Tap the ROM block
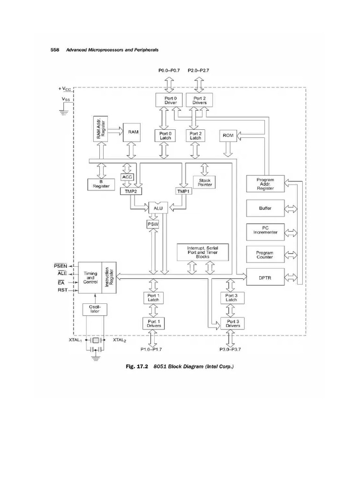tap(228, 135)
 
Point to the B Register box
tap(101, 184)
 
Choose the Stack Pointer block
tap(205, 182)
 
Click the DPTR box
tap(265, 277)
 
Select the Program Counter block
tap(265, 255)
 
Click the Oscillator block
tap(95, 309)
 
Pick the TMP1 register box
tap(182, 191)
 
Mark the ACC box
tap(127, 177)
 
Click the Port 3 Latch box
tap(232, 298)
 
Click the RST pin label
tap(63, 290)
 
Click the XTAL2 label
tap(119, 341)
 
